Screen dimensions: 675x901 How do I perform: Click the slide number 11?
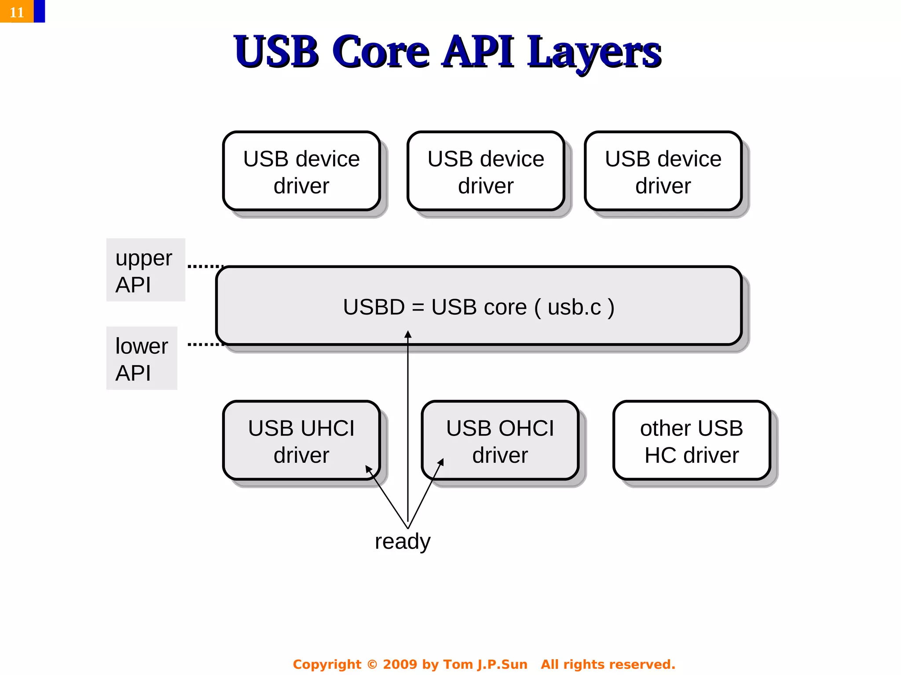pos(17,12)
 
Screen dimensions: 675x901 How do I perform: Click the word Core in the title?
pos(381,52)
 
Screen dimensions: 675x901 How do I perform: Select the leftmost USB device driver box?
pos(301,171)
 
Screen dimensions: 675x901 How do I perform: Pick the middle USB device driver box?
pos(486,171)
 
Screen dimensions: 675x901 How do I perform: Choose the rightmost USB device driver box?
pos(663,171)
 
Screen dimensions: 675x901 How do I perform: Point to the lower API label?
pos(142,358)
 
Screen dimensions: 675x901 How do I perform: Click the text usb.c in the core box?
pos(574,307)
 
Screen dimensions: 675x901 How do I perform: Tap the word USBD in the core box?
pos(374,307)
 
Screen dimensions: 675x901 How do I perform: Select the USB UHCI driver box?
pos(301,441)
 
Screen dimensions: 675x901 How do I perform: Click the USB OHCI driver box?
pos(500,441)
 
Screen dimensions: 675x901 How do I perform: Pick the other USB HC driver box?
pos(692,441)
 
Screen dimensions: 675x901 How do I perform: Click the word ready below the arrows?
pos(403,541)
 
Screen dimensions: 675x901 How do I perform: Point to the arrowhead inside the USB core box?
pos(408,335)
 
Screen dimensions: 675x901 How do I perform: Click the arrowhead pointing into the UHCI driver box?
pos(369,469)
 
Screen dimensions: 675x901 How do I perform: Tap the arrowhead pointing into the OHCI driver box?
pos(441,462)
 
